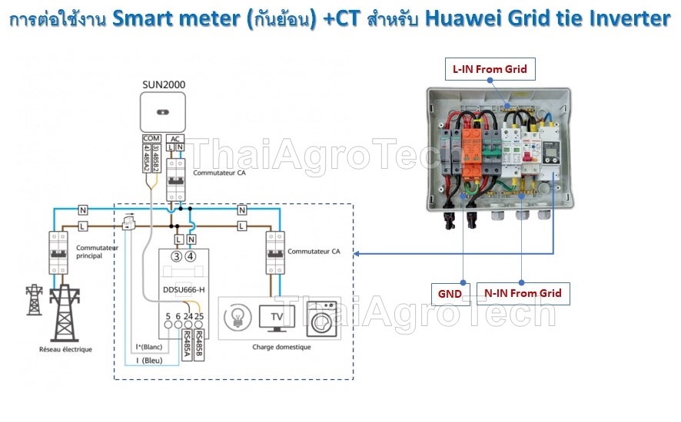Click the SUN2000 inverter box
point(164,111)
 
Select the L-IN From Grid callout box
point(489,69)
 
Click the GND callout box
point(450,293)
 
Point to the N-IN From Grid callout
point(522,293)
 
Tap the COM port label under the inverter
point(151,139)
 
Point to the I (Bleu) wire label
point(149,361)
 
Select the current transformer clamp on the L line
point(128,223)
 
